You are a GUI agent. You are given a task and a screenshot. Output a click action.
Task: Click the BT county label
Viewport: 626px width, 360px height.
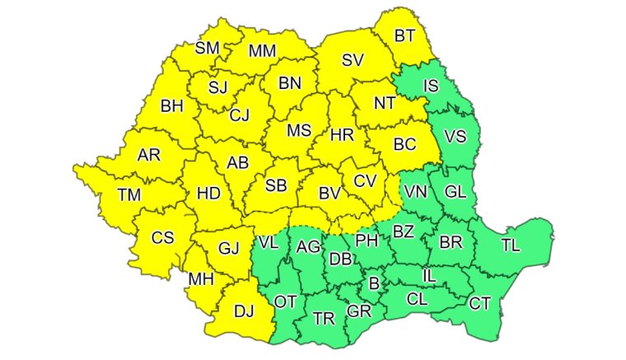click(404, 35)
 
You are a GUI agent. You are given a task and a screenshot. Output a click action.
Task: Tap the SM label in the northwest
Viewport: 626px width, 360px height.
click(207, 48)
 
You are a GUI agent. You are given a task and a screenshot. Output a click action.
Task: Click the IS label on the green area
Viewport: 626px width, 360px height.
click(431, 86)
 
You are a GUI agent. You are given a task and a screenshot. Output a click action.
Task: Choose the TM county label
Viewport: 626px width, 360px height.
click(128, 194)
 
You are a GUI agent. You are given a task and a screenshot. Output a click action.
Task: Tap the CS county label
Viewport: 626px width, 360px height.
click(163, 237)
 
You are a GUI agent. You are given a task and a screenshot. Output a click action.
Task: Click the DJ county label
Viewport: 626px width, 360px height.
click(244, 310)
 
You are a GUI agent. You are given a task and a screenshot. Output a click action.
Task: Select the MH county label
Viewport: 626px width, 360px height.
click(201, 279)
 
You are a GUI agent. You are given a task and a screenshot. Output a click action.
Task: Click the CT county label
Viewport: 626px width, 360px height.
click(480, 303)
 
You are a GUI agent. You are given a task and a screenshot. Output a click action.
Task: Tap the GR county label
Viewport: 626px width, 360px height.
click(358, 311)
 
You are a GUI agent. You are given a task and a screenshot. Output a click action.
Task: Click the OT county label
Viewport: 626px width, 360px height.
click(285, 302)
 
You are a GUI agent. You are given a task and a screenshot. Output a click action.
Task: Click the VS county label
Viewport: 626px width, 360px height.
click(455, 137)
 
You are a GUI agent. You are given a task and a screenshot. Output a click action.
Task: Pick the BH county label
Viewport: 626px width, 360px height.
click(172, 105)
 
